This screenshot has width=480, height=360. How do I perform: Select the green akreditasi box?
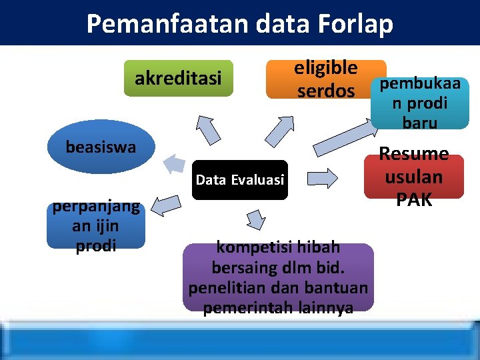click(x=178, y=79)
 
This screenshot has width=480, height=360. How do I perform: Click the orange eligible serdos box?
click(x=325, y=79)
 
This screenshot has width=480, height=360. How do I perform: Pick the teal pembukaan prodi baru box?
click(x=420, y=103)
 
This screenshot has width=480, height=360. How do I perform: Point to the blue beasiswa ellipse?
click(x=101, y=147)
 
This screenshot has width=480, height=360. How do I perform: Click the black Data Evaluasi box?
click(x=239, y=179)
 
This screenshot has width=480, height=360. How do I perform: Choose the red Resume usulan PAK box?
click(x=413, y=177)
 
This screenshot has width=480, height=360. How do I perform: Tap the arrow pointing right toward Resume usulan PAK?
click(x=325, y=178)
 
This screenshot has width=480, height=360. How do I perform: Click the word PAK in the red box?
click(x=414, y=199)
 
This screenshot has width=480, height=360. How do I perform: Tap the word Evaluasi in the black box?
click(x=259, y=179)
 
